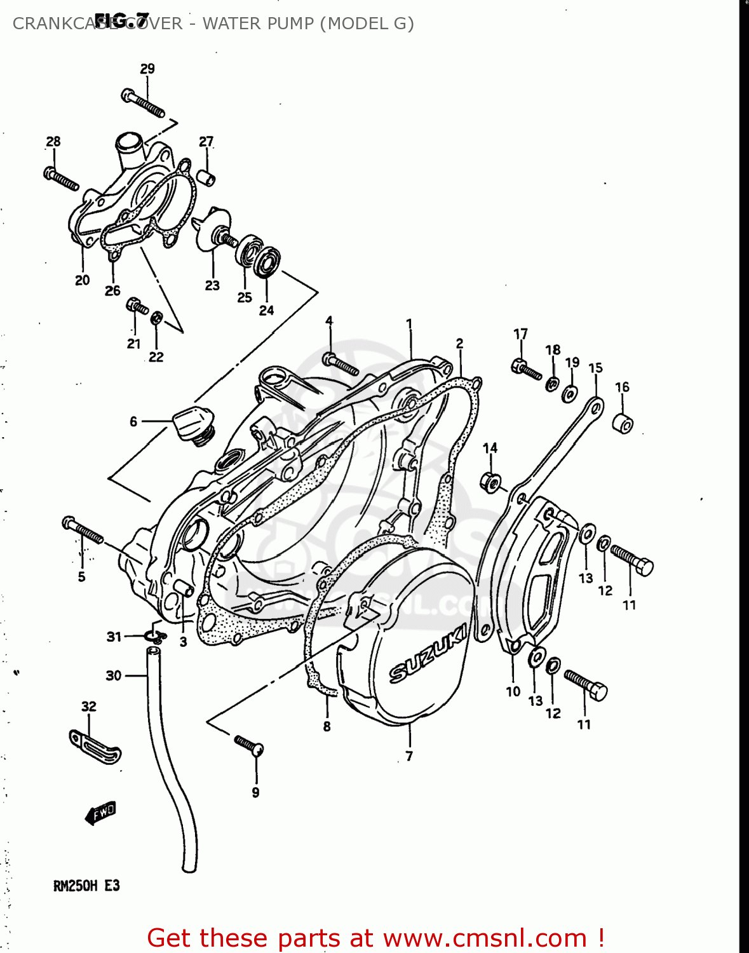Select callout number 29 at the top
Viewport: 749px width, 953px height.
pyautogui.click(x=147, y=69)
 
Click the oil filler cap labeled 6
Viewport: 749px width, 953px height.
pyautogui.click(x=189, y=421)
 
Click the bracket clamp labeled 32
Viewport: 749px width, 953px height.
pyautogui.click(x=95, y=746)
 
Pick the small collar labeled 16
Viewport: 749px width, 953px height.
pyautogui.click(x=623, y=423)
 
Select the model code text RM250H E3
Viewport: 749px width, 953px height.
pyautogui.click(x=86, y=886)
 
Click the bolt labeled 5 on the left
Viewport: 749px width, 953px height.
pyautogui.click(x=82, y=530)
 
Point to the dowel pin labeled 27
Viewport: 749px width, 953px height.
pyautogui.click(x=206, y=177)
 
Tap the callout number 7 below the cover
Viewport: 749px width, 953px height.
pyautogui.click(x=409, y=756)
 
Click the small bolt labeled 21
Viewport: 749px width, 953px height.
pyautogui.click(x=137, y=306)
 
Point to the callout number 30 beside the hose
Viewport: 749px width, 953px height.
pyautogui.click(x=113, y=675)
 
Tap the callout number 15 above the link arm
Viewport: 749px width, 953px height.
pyautogui.click(x=595, y=368)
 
